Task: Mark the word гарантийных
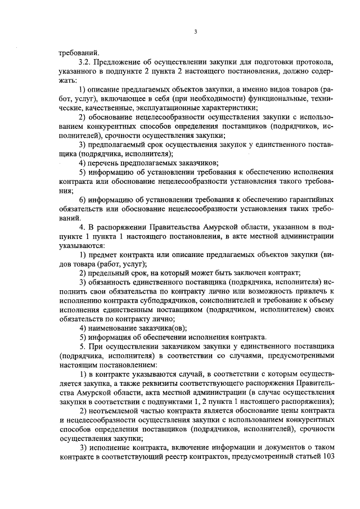click(312, 200)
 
